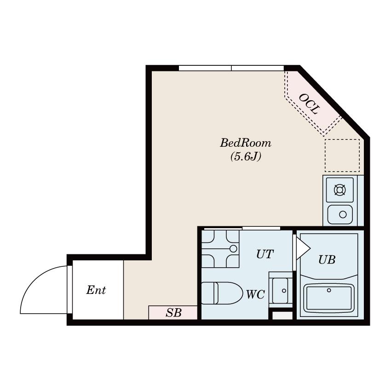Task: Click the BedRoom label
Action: (x=245, y=143)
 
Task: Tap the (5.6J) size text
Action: (x=246, y=157)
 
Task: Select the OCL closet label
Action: (x=309, y=104)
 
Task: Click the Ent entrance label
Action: (x=96, y=290)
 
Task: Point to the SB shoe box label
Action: (x=174, y=313)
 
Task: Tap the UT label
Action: (x=265, y=254)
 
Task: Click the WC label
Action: (x=255, y=294)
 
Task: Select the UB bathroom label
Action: (x=327, y=260)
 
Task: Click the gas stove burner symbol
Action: (x=339, y=190)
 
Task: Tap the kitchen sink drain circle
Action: (x=343, y=214)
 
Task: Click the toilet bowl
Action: (x=222, y=293)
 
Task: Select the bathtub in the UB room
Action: (x=329, y=298)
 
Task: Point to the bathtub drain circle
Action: (x=329, y=290)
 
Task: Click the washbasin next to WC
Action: (x=280, y=290)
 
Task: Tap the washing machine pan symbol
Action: (x=220, y=249)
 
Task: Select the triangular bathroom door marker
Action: (x=303, y=248)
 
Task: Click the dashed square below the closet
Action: (x=342, y=155)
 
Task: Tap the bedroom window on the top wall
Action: (x=231, y=68)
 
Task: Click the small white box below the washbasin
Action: (x=282, y=316)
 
